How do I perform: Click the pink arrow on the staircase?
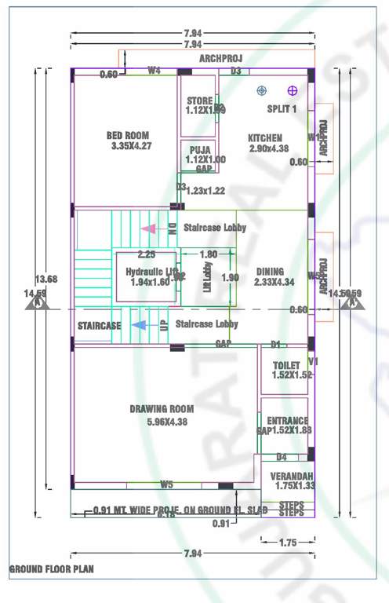(x=148, y=228)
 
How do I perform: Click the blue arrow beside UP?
(x=139, y=324)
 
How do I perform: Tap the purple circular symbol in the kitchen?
(x=293, y=91)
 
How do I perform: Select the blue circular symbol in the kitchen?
(x=262, y=91)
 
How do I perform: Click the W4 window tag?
(x=155, y=71)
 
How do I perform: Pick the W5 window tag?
(x=166, y=484)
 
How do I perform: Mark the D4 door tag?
(x=282, y=457)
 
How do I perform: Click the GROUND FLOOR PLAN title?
(x=51, y=568)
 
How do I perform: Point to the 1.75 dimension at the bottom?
(x=287, y=542)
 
